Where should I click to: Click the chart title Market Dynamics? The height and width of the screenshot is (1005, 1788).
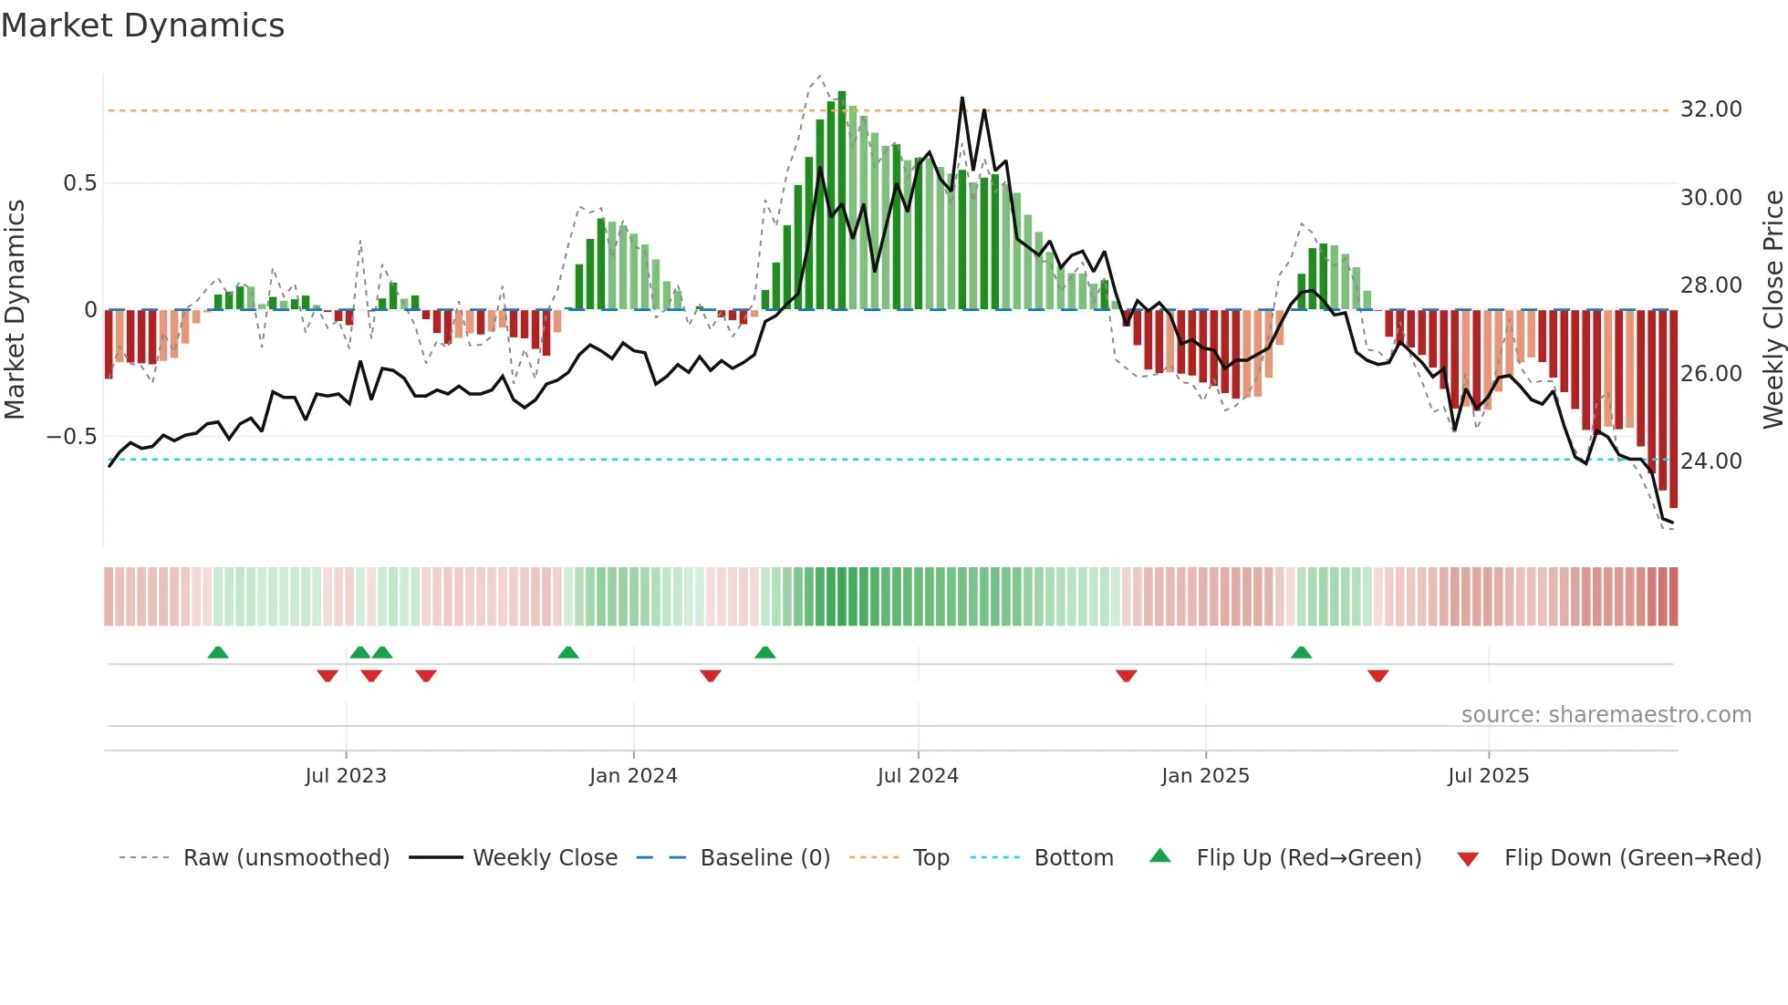[x=142, y=26]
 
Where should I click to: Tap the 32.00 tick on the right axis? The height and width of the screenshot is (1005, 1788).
[x=1710, y=109]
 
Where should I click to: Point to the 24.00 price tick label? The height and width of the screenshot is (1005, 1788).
[x=1710, y=461]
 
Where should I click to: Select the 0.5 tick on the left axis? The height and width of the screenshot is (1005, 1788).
[x=79, y=183]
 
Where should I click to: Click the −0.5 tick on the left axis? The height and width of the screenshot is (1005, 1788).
[x=72, y=437]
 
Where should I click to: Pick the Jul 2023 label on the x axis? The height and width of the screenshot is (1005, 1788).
[x=346, y=776]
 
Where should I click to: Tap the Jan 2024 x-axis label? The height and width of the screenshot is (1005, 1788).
[x=633, y=776]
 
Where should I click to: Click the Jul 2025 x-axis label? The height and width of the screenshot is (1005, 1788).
[x=1488, y=776]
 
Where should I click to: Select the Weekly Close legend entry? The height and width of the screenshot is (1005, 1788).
[x=545, y=858]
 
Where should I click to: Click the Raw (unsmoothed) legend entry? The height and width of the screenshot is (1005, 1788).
[x=286, y=858]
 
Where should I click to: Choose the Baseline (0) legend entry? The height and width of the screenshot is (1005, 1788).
[x=764, y=858]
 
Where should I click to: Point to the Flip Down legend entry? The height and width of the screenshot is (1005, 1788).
[x=1632, y=858]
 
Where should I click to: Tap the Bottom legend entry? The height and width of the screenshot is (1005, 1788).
[x=1073, y=858]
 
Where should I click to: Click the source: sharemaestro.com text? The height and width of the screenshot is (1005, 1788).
[x=1606, y=715]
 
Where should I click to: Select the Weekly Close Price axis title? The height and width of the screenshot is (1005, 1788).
[x=1772, y=310]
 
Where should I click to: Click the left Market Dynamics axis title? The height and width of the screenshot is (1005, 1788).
[x=15, y=310]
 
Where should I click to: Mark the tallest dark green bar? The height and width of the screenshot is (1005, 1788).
[x=842, y=201]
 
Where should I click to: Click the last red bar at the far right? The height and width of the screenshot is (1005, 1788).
[x=1673, y=410]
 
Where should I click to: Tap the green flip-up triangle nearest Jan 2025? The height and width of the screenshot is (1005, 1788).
[x=1301, y=652]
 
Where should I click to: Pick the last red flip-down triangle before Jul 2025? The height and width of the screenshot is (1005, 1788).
[x=1377, y=676]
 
